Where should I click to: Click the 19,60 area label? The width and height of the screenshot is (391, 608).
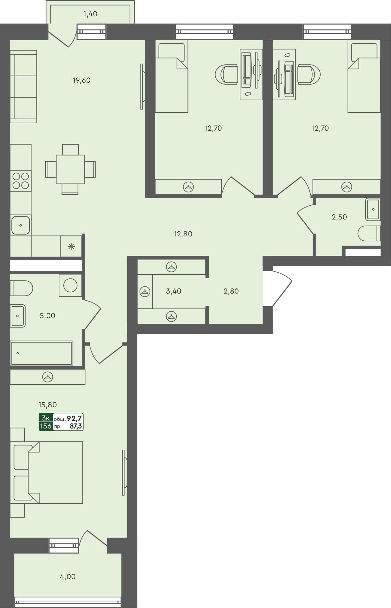click(x=81, y=80)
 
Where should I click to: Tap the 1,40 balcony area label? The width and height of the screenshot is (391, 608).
click(x=90, y=14)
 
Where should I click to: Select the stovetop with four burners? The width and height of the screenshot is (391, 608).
click(x=21, y=180)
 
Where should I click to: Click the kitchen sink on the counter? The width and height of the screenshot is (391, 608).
click(x=21, y=225)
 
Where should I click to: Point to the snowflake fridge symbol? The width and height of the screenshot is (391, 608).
click(x=71, y=246)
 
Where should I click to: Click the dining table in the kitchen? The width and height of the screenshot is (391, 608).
click(x=70, y=169)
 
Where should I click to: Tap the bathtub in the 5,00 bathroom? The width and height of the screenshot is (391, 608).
click(x=41, y=353)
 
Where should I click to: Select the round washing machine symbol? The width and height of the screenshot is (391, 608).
click(x=70, y=285)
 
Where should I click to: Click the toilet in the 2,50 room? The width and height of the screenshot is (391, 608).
click(x=369, y=233)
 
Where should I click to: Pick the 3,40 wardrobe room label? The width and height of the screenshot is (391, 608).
click(x=173, y=291)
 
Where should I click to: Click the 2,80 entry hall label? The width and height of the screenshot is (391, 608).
click(x=231, y=291)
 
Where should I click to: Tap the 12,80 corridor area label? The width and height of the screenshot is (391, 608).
click(x=183, y=234)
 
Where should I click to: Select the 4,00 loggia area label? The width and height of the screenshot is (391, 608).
click(x=68, y=577)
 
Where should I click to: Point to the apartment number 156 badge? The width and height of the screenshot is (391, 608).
click(x=45, y=426)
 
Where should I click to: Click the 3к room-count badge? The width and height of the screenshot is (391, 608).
click(x=45, y=418)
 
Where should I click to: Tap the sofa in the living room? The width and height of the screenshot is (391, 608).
click(x=23, y=87)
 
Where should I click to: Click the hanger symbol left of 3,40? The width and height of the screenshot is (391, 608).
click(x=145, y=291)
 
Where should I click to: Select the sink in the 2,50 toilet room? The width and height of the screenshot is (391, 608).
click(x=373, y=209)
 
